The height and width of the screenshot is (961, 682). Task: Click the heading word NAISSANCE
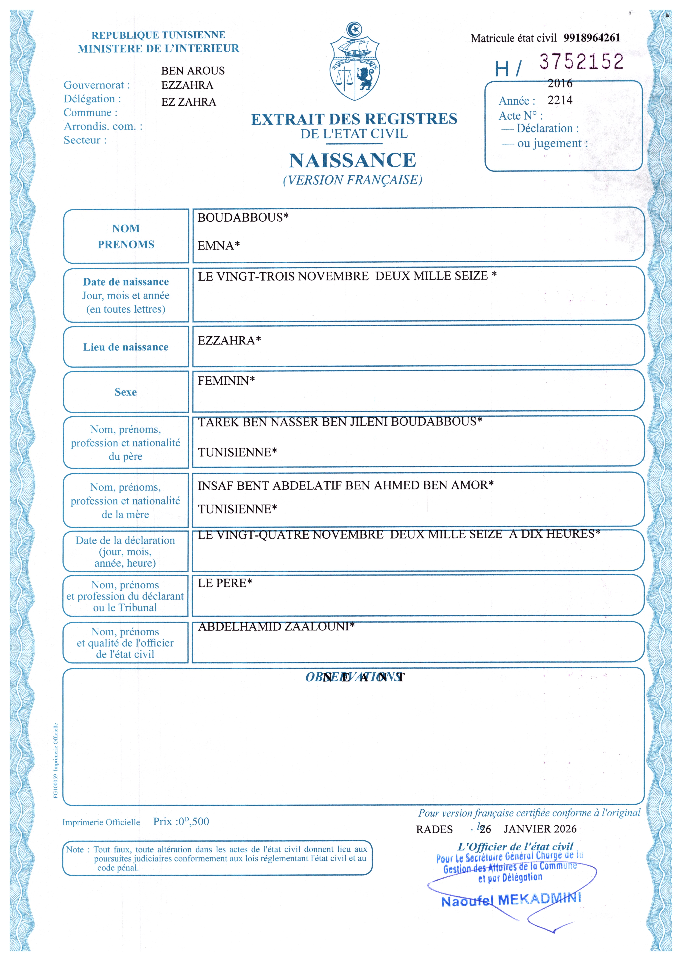tap(352, 160)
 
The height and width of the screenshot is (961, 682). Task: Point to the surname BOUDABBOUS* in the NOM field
tap(243, 218)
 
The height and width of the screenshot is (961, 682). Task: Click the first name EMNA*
tap(218, 246)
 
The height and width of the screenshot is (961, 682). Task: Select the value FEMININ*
tap(226, 381)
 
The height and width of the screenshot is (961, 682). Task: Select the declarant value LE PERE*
tap(225, 583)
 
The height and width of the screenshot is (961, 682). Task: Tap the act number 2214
tap(560, 100)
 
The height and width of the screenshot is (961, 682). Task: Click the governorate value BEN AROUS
tap(193, 71)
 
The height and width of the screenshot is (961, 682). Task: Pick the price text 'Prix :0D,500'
tap(181, 822)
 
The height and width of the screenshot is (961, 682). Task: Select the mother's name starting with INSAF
tap(345, 485)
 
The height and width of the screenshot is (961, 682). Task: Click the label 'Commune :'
tap(90, 113)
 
